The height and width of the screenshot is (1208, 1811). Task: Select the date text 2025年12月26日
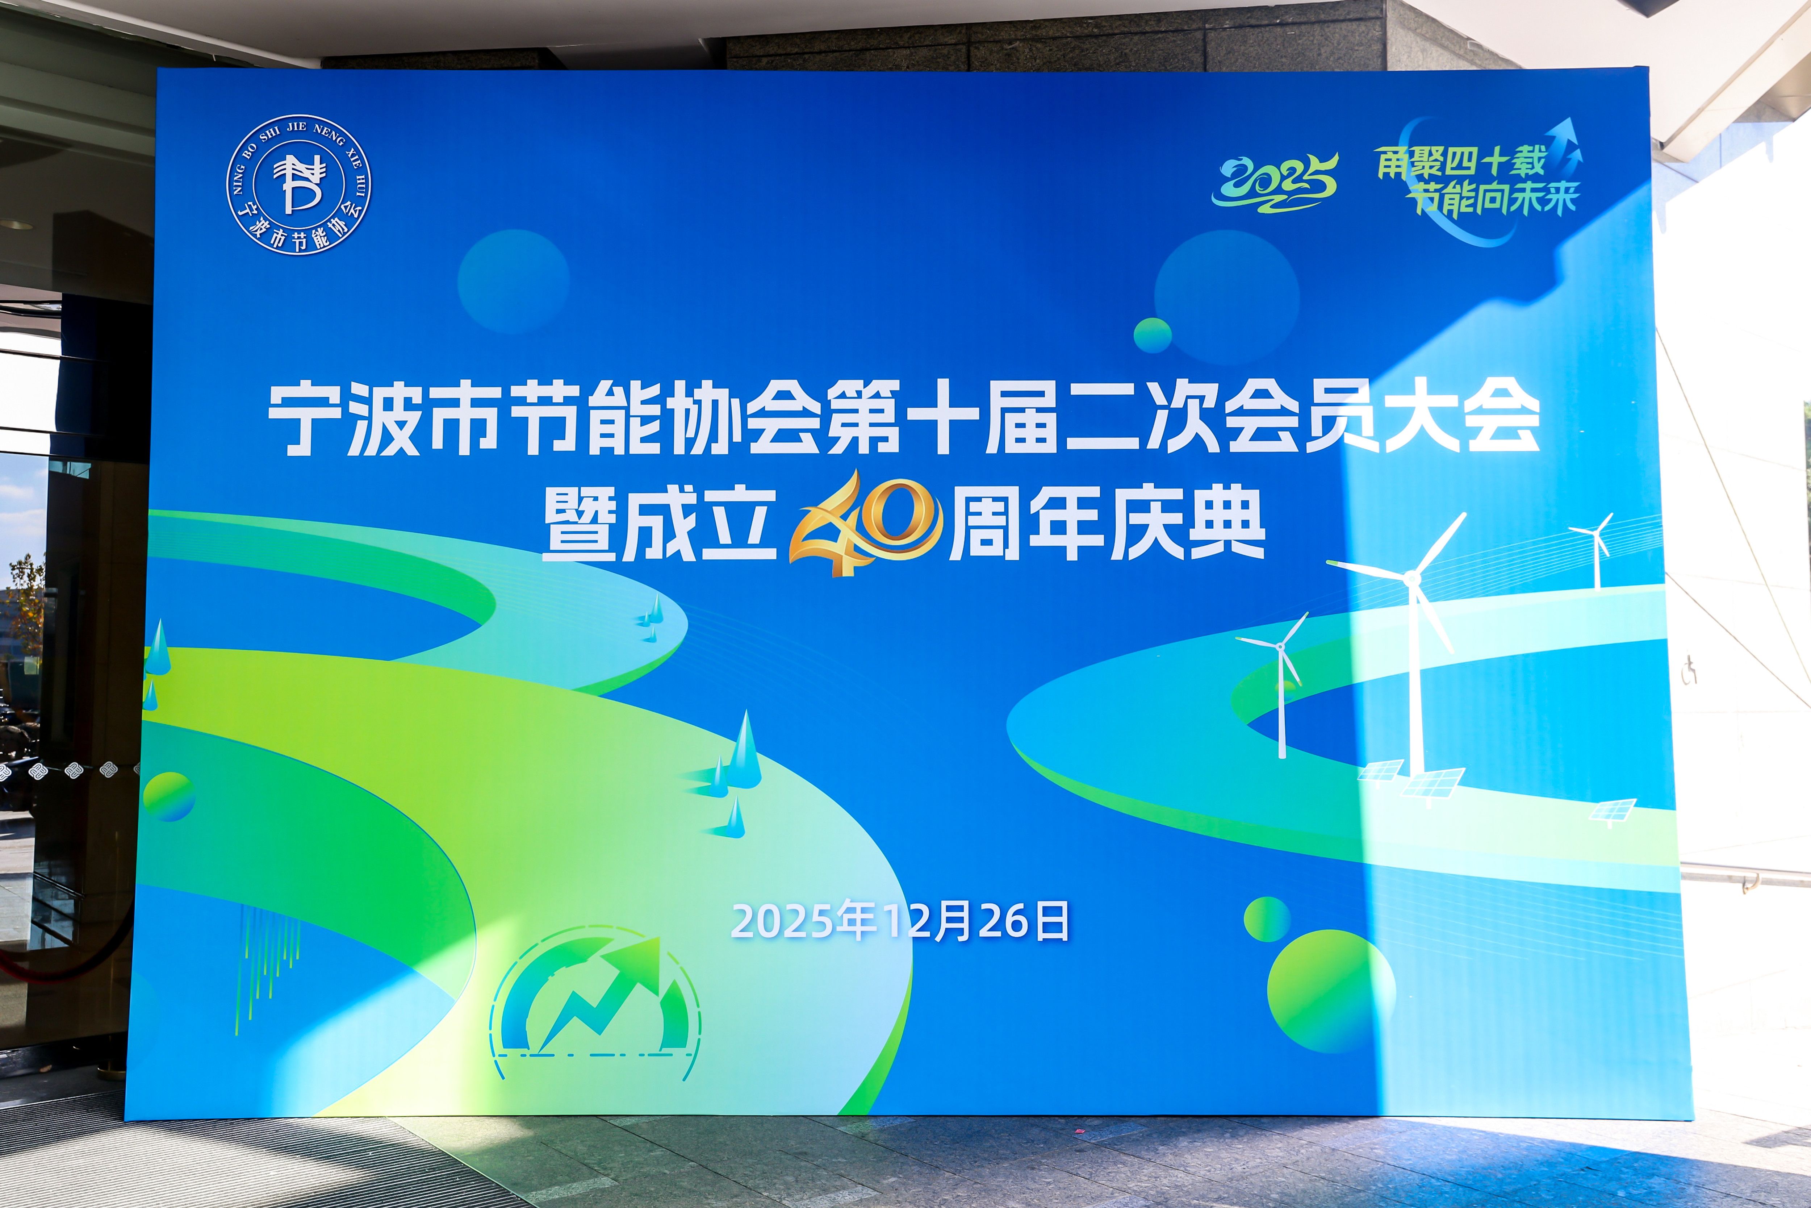coord(899,921)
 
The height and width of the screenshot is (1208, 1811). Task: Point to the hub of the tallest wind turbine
coord(1411,578)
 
